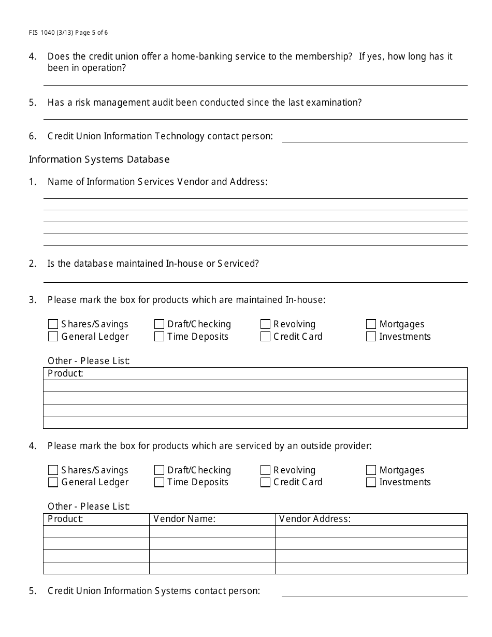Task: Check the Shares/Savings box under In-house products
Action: pyautogui.click(x=53, y=324)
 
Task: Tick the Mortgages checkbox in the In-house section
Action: pyautogui.click(x=371, y=324)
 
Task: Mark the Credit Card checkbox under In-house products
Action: pyautogui.click(x=265, y=337)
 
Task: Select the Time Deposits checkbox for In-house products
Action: pyautogui.click(x=159, y=337)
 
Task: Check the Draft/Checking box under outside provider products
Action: pyautogui.click(x=159, y=470)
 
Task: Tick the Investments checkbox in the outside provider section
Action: pyautogui.click(x=371, y=483)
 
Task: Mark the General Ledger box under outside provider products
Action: pyautogui.click(x=53, y=483)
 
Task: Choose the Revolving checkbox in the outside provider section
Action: pyautogui.click(x=265, y=470)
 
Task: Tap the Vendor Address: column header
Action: pyautogui.click(x=315, y=519)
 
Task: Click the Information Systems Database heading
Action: pyautogui.click(x=99, y=160)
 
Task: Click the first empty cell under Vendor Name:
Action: pyautogui.click(x=212, y=532)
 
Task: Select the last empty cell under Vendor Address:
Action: pyautogui.click(x=371, y=568)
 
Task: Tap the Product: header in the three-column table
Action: pyautogui.click(x=65, y=519)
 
